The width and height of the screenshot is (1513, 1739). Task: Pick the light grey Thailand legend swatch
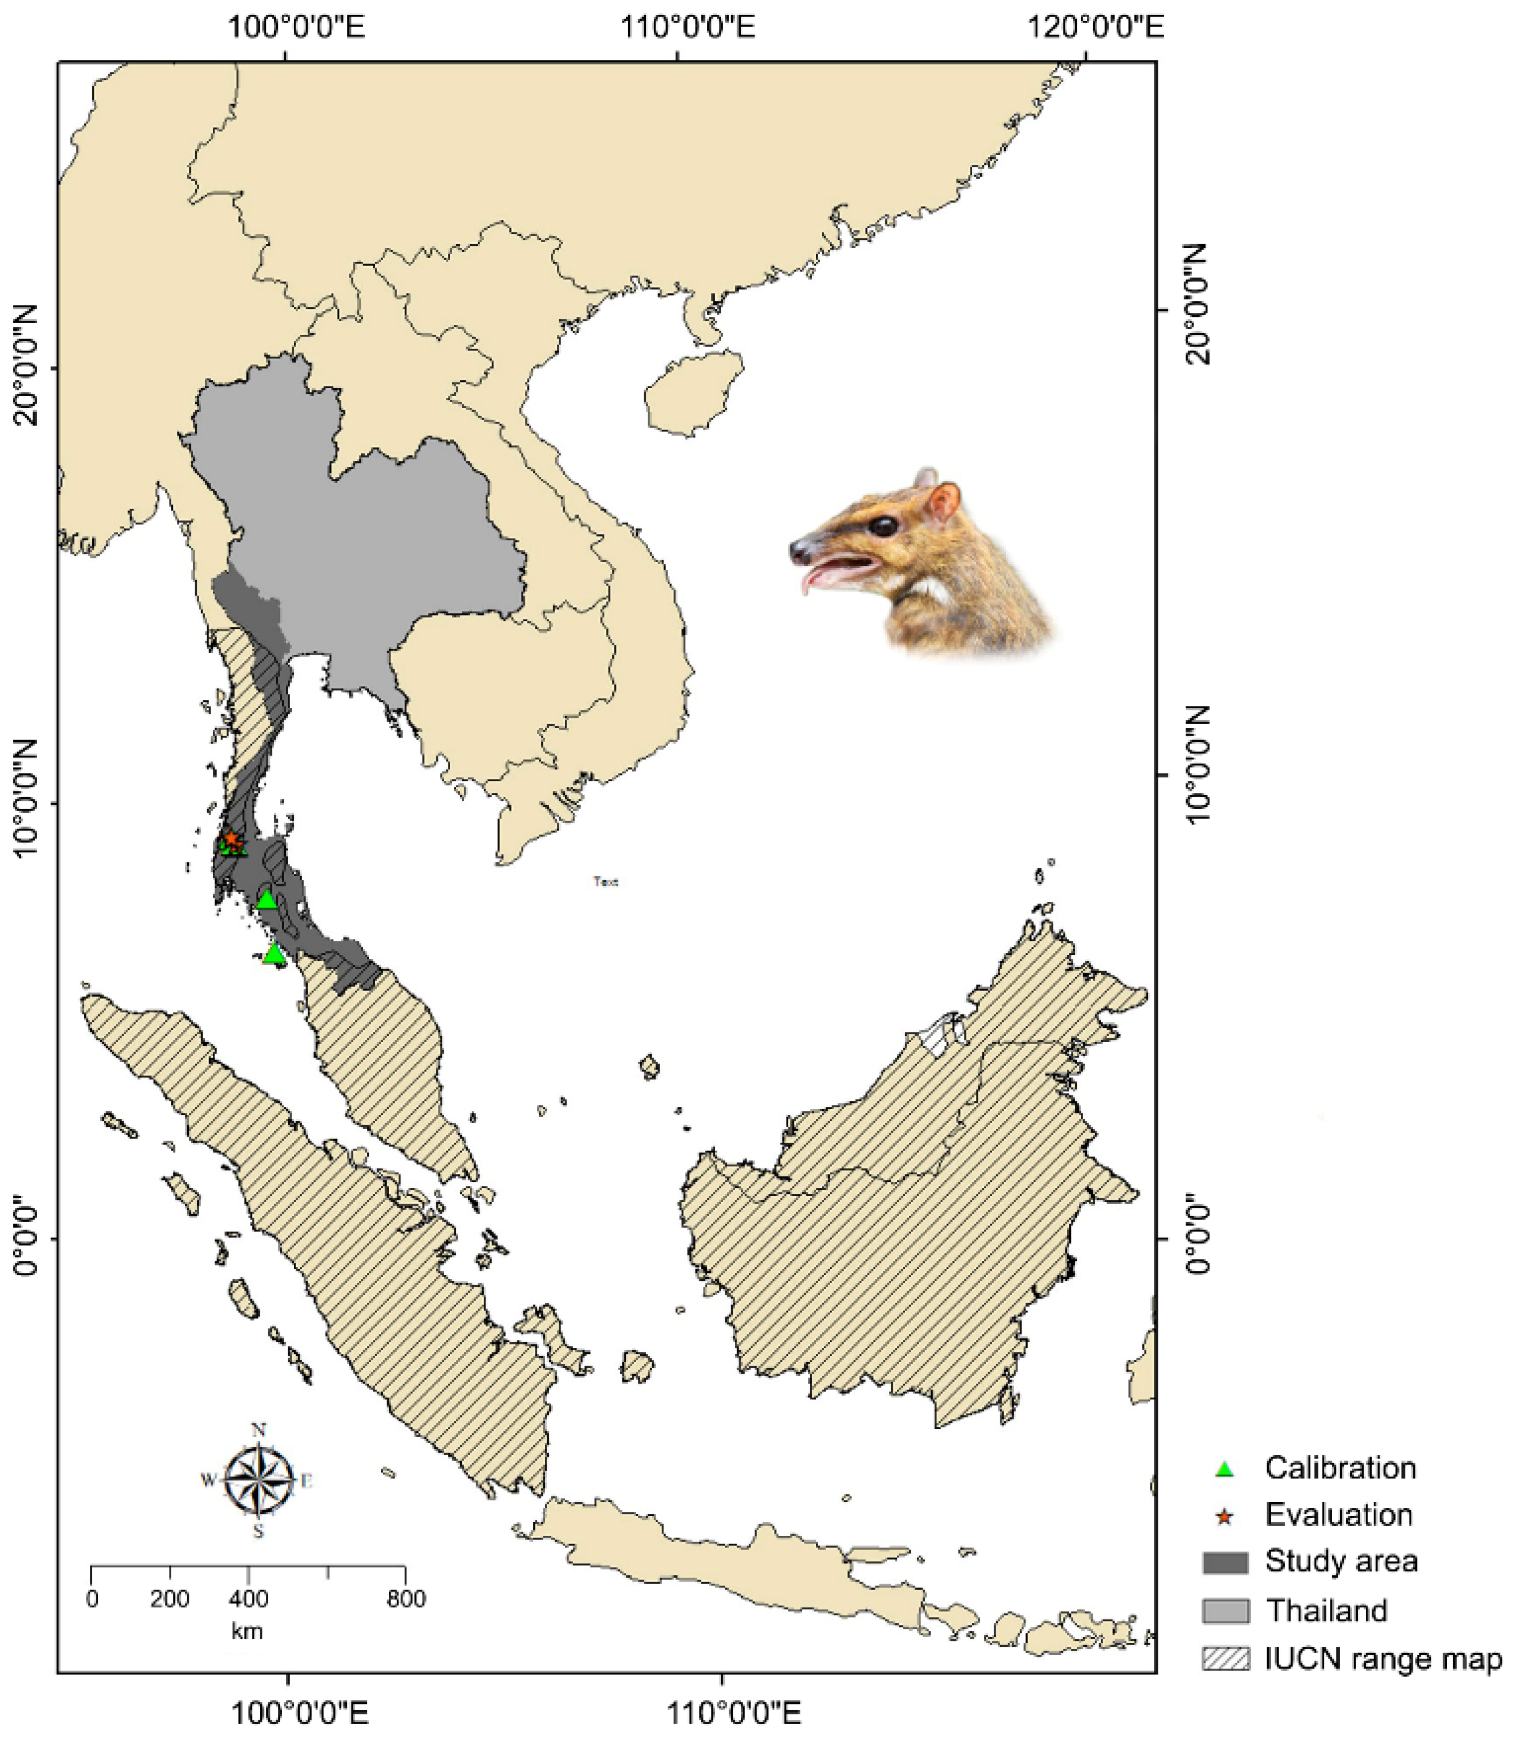(1225, 1610)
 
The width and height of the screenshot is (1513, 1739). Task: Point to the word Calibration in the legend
(1340, 1468)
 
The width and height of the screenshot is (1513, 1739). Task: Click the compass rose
(259, 1480)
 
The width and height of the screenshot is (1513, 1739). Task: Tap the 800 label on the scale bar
(406, 1598)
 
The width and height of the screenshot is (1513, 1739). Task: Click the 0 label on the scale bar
(92, 1598)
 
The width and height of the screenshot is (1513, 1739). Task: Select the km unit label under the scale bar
(246, 1631)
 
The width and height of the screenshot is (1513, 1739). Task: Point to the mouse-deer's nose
(796, 552)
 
